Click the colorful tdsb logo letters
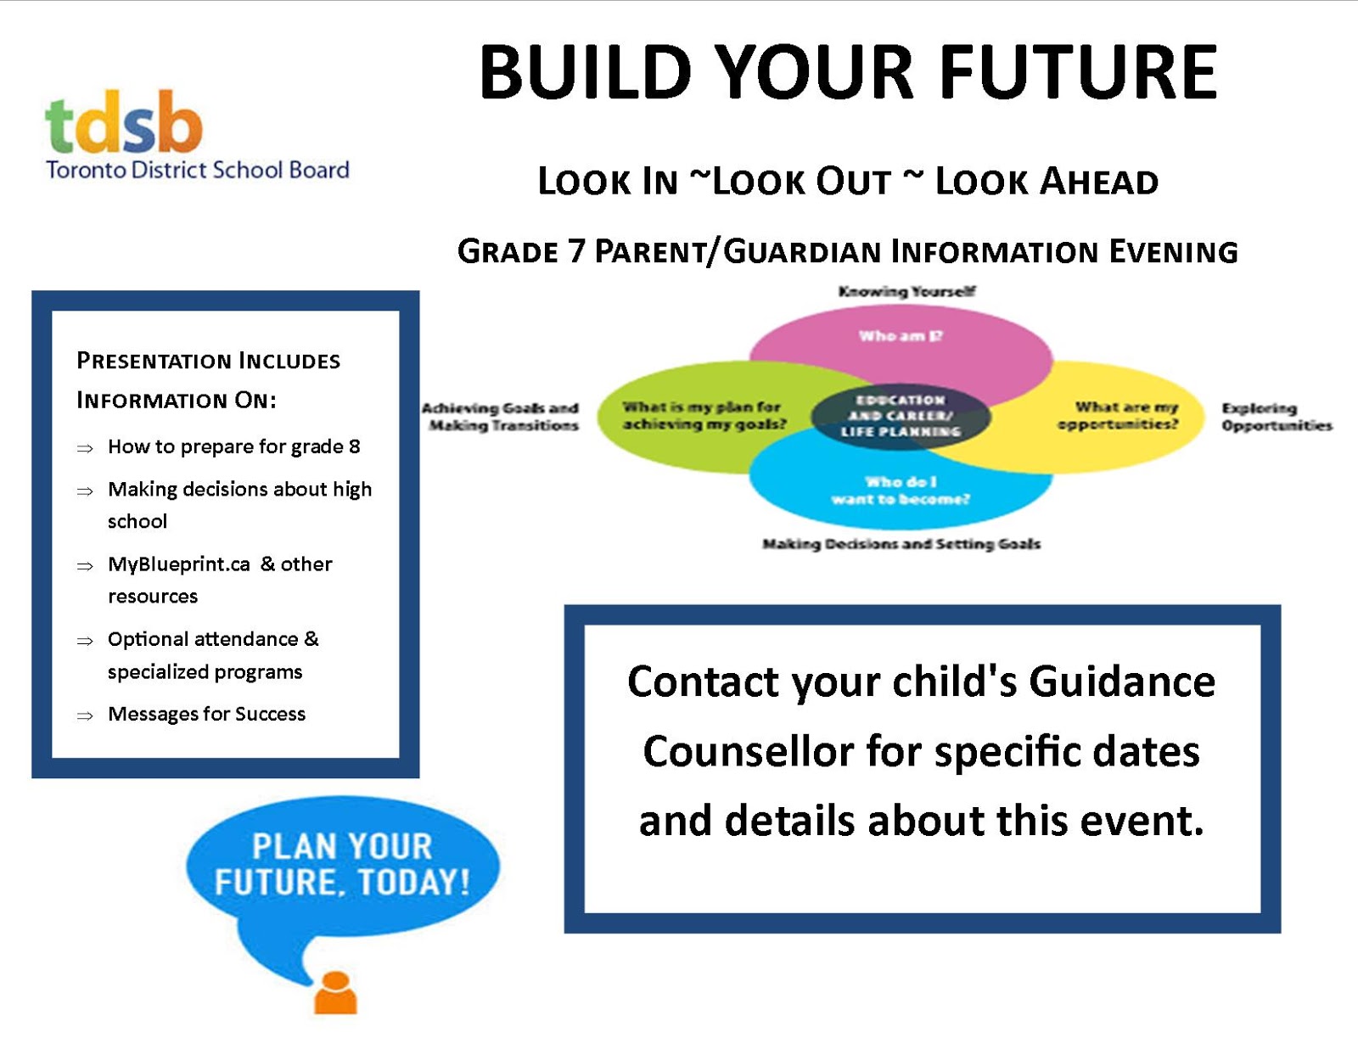[x=124, y=123]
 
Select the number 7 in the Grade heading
[x=576, y=252]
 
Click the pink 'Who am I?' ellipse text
[x=901, y=336]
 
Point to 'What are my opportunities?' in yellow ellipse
[x=1119, y=416]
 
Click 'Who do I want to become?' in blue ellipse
[x=901, y=491]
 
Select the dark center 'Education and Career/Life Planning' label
[x=901, y=416]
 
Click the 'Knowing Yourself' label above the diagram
[x=906, y=291]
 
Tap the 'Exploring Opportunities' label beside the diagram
[x=1276, y=417]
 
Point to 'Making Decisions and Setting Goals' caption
[x=901, y=544]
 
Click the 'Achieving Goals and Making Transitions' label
[x=502, y=417]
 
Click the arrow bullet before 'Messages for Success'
[x=85, y=716]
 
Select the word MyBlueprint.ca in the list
[x=179, y=564]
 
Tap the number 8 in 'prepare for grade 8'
[x=355, y=446]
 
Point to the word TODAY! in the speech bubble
[x=413, y=883]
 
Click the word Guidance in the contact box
[x=1122, y=682]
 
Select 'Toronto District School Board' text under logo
[x=198, y=170]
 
